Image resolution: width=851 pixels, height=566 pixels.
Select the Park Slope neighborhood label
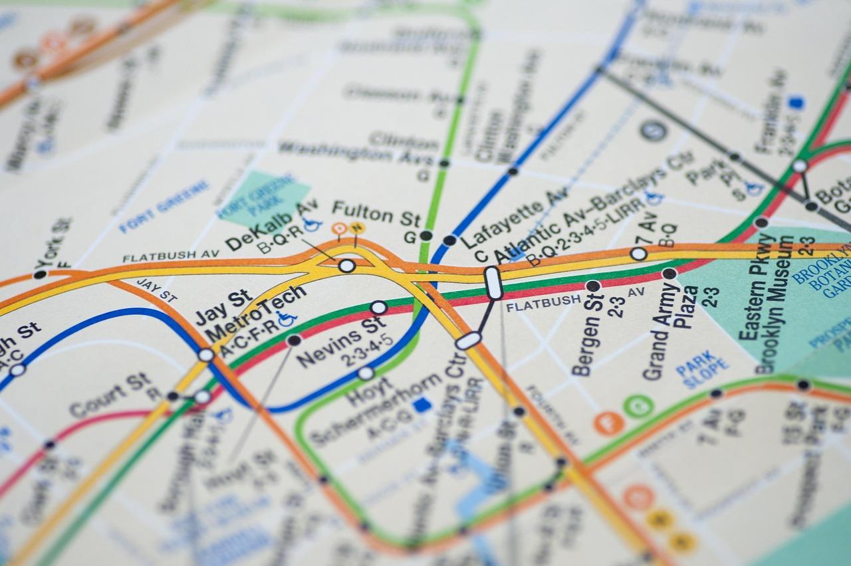point(701,373)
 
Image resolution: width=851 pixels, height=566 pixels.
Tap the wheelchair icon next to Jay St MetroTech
point(287,318)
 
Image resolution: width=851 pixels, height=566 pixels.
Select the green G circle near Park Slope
point(638,406)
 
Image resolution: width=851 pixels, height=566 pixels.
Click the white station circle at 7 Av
point(638,253)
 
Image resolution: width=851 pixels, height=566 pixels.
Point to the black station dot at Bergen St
point(592,286)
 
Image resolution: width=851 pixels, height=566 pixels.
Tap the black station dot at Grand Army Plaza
point(669,273)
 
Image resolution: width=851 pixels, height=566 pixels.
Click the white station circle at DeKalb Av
point(346,266)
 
